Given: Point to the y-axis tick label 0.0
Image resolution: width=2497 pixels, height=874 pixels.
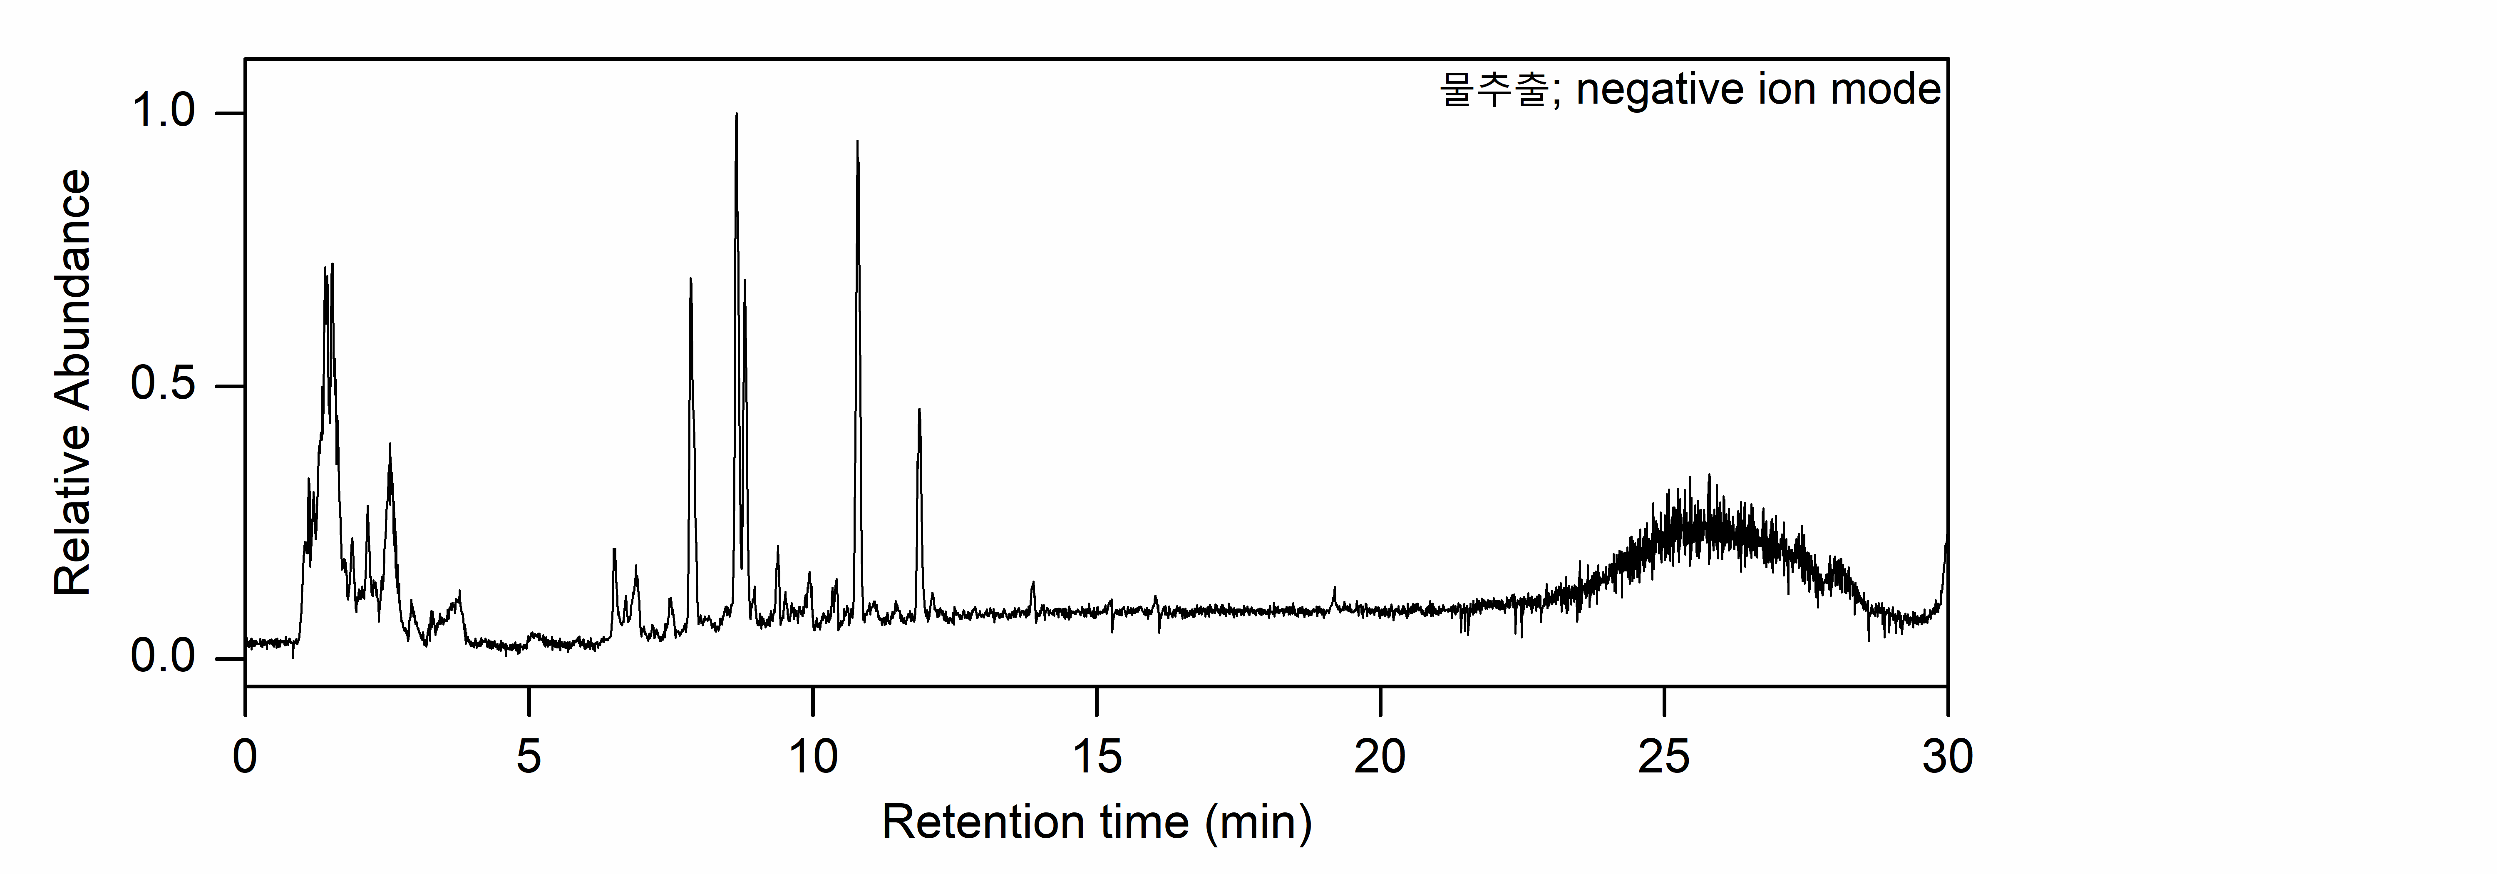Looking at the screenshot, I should [x=163, y=658].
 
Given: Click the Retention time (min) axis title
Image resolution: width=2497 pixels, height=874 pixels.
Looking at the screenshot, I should [x=1096, y=823].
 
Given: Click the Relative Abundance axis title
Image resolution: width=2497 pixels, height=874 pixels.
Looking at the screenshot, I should [x=73, y=383].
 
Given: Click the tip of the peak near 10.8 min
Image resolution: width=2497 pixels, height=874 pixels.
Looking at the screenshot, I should [x=857, y=142].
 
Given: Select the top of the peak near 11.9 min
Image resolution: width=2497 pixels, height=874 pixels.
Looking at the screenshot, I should [x=919, y=410].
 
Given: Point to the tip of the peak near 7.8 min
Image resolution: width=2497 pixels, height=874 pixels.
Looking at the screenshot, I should [x=690, y=279].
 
